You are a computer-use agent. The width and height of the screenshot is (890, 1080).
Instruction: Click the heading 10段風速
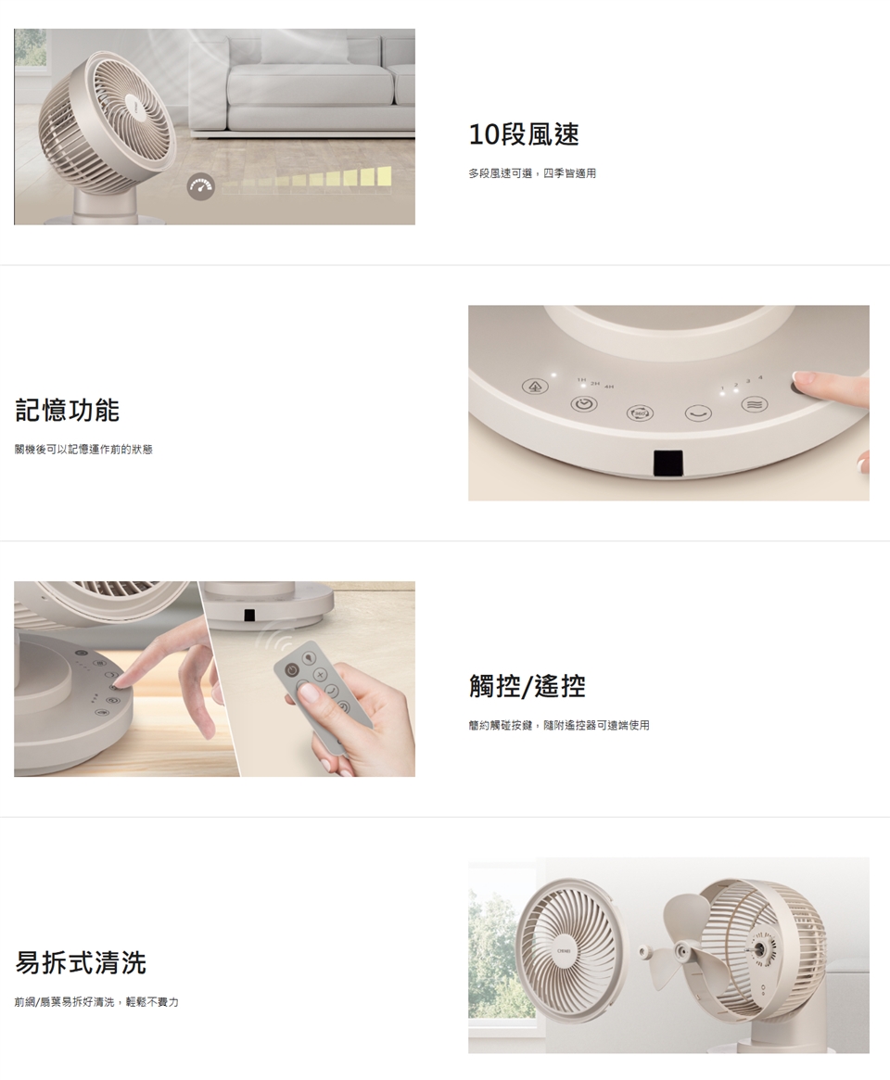tap(524, 134)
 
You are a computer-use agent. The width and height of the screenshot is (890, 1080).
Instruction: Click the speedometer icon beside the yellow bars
tap(200, 186)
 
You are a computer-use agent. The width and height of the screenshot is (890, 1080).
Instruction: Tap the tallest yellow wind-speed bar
tap(385, 175)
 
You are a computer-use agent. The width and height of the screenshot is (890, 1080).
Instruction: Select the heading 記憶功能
tap(68, 410)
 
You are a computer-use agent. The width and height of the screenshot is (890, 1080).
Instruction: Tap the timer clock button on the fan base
tap(584, 405)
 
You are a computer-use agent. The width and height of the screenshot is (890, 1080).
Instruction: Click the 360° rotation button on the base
tap(640, 413)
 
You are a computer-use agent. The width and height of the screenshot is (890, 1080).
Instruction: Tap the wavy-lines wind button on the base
tap(755, 404)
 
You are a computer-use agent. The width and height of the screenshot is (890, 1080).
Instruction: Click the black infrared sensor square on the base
tap(668, 463)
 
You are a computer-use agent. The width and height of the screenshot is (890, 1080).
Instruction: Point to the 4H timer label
tap(608, 388)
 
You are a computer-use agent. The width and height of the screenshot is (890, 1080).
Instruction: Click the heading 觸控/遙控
tap(527, 686)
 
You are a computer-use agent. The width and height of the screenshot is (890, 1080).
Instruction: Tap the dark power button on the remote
tap(292, 670)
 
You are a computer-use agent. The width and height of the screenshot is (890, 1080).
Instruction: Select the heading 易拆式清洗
tap(81, 962)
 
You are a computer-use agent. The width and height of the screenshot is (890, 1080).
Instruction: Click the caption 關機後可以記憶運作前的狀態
tap(83, 450)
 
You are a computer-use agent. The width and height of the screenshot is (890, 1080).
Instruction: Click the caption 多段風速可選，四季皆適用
tap(532, 173)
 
